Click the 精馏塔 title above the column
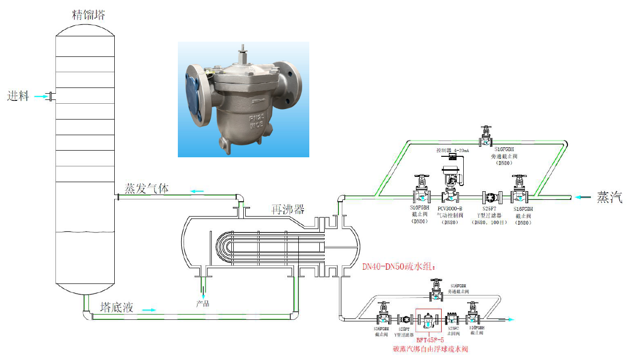point(87,15)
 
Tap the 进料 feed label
point(18,97)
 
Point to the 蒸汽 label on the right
point(610,197)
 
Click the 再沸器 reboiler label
point(287,209)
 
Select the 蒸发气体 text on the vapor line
point(146,188)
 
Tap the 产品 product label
point(203,304)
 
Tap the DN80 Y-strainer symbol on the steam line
point(490,196)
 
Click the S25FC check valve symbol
point(452,319)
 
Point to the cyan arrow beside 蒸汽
point(583,196)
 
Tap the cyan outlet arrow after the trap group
point(509,319)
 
